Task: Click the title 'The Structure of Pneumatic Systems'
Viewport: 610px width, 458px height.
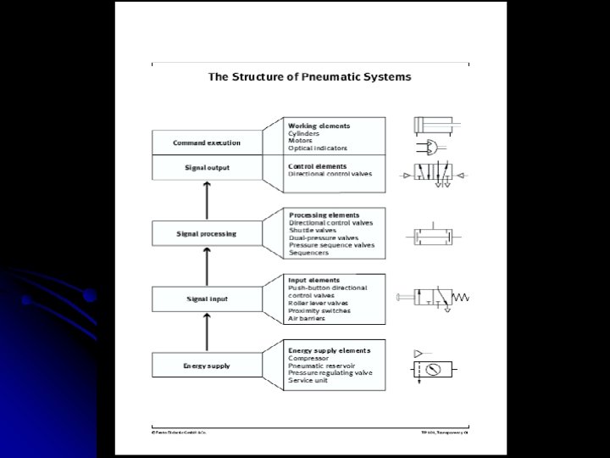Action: pyautogui.click(x=309, y=76)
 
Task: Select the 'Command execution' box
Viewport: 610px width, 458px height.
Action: pyautogui.click(x=207, y=142)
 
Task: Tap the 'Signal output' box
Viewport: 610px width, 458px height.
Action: pyautogui.click(x=207, y=167)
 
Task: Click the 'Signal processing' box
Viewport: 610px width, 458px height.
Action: pyautogui.click(x=207, y=232)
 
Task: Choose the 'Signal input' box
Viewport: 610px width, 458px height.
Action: pyautogui.click(x=207, y=299)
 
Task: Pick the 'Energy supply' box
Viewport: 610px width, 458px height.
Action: pyautogui.click(x=207, y=366)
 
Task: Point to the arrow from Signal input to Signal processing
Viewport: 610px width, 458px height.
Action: pyautogui.click(x=207, y=265)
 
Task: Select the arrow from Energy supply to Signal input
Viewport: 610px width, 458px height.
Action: pyautogui.click(x=207, y=332)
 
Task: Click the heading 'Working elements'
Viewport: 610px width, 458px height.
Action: pyautogui.click(x=319, y=126)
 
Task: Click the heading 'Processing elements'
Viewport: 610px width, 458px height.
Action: pyautogui.click(x=324, y=215)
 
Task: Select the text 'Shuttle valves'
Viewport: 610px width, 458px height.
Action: pyautogui.click(x=313, y=231)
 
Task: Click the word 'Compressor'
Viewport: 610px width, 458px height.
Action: pyautogui.click(x=308, y=358)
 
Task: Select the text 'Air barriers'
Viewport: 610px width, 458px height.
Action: pyautogui.click(x=307, y=319)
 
